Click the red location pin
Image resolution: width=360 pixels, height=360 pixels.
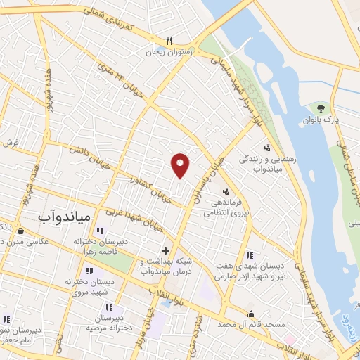click(181, 165)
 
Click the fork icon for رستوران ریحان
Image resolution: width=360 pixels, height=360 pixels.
click(169, 41)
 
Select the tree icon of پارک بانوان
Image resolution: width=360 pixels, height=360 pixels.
click(321, 108)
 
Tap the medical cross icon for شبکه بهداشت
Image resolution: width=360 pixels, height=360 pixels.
click(165, 250)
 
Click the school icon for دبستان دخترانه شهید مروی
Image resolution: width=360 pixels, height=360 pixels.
click(89, 271)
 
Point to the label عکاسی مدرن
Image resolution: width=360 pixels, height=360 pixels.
click(28, 242)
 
